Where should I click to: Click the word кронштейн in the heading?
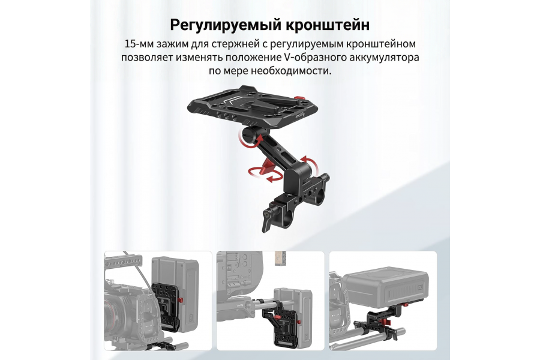326,25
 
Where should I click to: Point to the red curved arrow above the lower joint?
307,161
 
